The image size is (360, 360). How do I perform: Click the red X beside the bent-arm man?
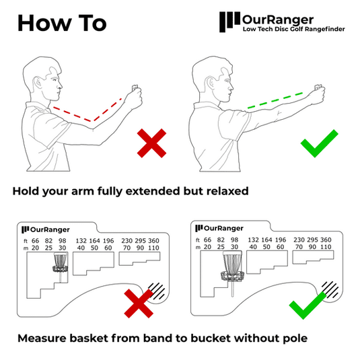click(x=151, y=143)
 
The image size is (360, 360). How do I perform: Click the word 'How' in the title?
click(x=43, y=22)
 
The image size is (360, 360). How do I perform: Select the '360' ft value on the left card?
click(x=159, y=240)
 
